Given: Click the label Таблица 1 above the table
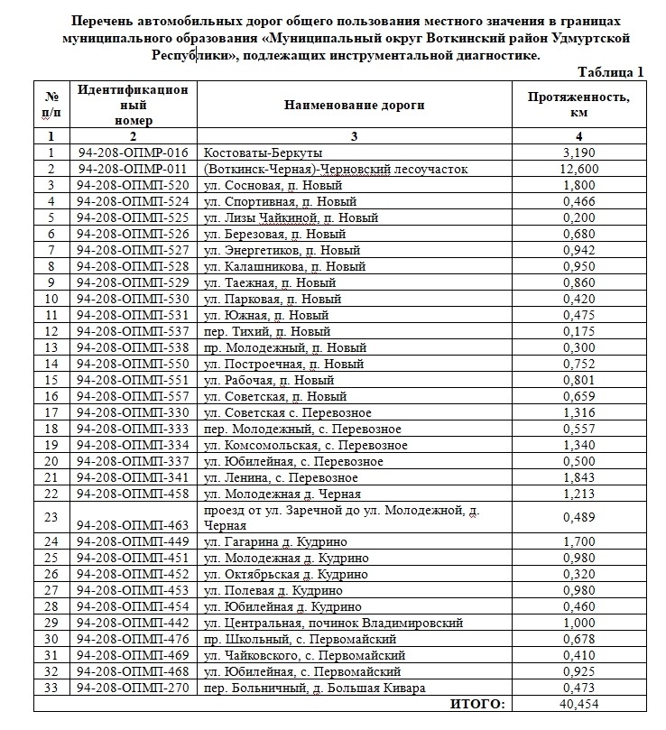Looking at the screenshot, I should point(610,72).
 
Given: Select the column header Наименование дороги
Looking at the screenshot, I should point(354,106).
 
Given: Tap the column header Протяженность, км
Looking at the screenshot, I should point(578,106).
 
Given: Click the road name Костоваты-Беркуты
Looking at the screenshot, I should point(264,152).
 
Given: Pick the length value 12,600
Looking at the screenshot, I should point(578,169).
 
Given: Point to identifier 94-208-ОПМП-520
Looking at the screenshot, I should point(134,185).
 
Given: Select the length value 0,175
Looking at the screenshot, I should point(578,331).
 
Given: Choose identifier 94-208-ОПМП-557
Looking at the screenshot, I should point(134,396).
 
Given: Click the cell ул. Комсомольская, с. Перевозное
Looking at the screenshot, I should point(306,445).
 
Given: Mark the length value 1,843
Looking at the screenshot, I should point(578,477).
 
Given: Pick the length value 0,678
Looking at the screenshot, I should point(578,640).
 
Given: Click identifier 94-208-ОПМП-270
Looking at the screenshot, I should point(134,688).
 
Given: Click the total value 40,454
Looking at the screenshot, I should point(578,705).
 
